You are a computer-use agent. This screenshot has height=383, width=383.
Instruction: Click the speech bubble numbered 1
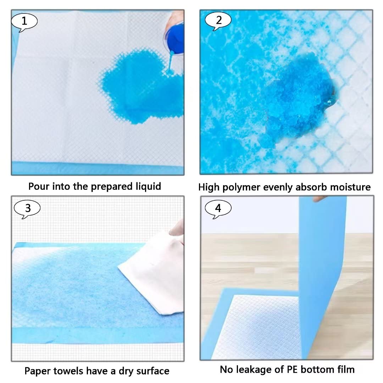tap(24, 22)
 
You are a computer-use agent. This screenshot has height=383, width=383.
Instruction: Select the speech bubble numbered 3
tap(27, 209)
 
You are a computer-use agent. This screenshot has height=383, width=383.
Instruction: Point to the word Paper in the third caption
tap(37, 371)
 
